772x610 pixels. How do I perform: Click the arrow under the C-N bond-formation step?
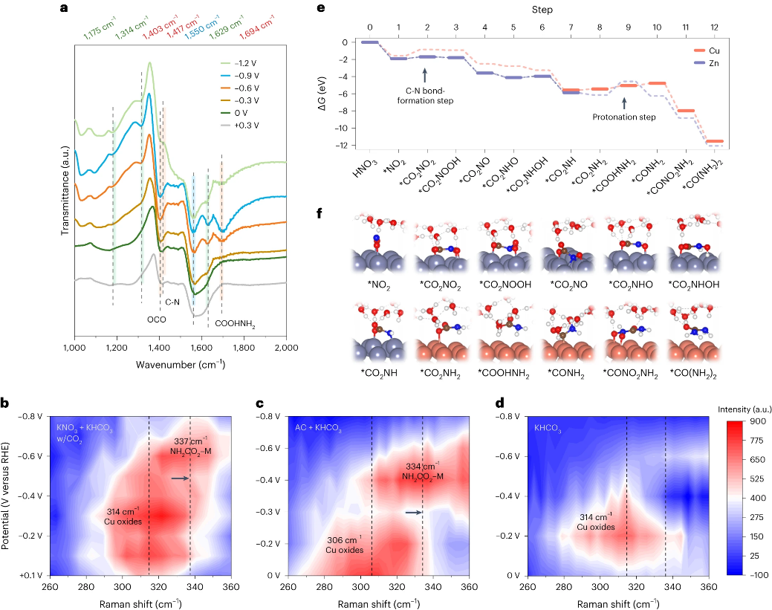click(425, 75)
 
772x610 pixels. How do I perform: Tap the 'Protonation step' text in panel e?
click(624, 117)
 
